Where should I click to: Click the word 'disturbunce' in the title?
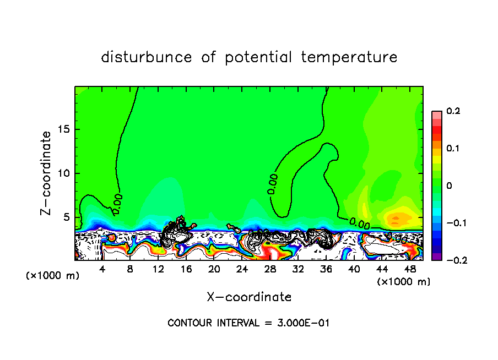tap(147, 57)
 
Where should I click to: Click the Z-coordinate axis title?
tap(47, 173)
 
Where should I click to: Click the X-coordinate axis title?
tap(249, 297)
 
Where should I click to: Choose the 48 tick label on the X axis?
tap(410, 269)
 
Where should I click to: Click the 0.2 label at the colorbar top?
tap(453, 111)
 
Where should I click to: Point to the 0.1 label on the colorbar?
tap(453, 149)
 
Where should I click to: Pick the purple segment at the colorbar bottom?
tap(436, 256)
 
